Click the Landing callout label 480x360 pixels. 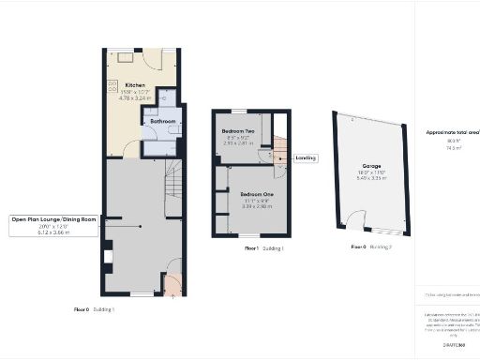point(306,158)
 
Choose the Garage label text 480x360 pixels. point(371,165)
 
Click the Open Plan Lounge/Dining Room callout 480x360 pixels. point(53,218)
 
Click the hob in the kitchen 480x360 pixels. point(113,90)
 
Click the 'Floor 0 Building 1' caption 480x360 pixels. point(94,308)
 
